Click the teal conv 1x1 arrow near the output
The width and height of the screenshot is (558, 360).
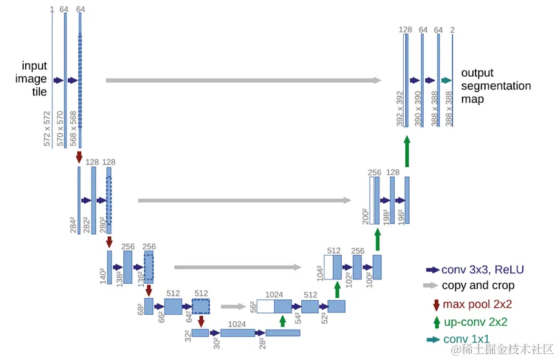(x=446, y=81)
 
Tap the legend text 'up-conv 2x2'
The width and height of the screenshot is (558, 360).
(x=475, y=322)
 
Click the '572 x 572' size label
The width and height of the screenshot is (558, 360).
(x=47, y=128)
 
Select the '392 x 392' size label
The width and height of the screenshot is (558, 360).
(x=399, y=109)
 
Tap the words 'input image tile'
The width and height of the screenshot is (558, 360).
(x=35, y=79)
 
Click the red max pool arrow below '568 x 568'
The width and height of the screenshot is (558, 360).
(x=79, y=157)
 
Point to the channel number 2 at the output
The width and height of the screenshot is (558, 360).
(x=452, y=30)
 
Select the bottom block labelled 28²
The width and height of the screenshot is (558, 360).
(x=283, y=333)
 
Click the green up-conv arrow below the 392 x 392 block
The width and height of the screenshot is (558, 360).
(x=406, y=152)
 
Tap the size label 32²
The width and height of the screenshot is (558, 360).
(x=187, y=337)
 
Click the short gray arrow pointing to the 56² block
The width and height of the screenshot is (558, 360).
(x=234, y=306)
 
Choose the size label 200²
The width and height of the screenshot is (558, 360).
(x=365, y=216)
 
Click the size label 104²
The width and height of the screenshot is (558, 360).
(x=319, y=272)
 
